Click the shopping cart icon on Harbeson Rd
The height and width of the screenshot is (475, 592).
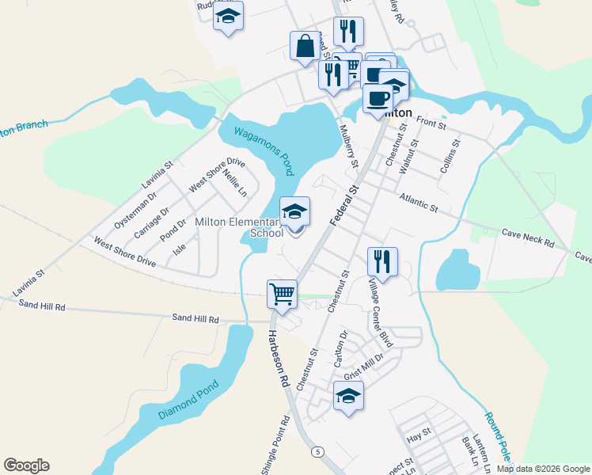(x=283, y=294)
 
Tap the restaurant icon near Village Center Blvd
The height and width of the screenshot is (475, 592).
(x=382, y=261)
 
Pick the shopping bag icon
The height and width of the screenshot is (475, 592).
(x=305, y=47)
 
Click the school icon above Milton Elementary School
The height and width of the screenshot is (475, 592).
(x=294, y=211)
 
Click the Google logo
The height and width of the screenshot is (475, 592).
(x=26, y=465)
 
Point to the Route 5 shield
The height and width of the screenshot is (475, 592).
(x=317, y=451)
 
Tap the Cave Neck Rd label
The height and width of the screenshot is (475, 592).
(x=528, y=237)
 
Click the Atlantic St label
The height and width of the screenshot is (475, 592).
(x=419, y=203)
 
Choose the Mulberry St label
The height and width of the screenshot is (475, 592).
(x=349, y=146)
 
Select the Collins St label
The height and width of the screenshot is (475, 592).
(x=450, y=161)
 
